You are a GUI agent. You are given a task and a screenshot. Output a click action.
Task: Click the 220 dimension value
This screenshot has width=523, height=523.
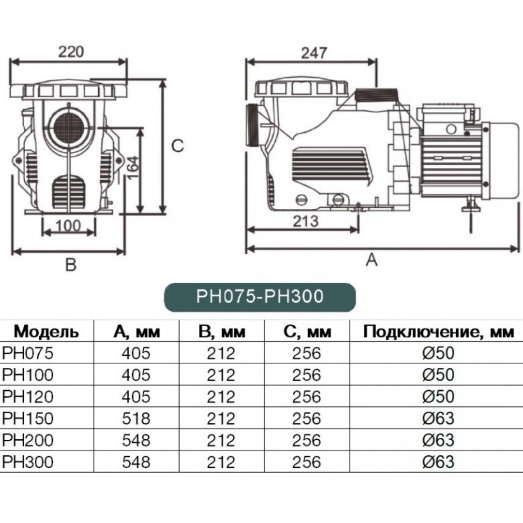tap(71, 51)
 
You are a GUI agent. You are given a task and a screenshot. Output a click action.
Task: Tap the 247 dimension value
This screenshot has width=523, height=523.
tap(314, 53)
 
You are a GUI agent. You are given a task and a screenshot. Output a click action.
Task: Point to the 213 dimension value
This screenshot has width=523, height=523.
tap(306, 221)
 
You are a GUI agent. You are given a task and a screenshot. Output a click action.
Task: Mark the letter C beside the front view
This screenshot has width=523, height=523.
tap(178, 146)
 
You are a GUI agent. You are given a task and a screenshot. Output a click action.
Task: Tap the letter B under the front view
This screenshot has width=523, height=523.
tap(71, 264)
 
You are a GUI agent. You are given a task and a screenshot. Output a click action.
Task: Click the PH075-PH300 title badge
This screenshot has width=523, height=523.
tap(260, 296)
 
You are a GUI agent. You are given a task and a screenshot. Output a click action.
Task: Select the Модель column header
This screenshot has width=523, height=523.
tap(46, 332)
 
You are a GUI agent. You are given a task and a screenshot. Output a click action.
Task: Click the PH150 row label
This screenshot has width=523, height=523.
tap(28, 418)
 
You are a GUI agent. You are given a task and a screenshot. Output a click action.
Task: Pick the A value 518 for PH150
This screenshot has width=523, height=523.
tap(137, 418)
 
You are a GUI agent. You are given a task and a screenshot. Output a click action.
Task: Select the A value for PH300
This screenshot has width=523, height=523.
tap(137, 461)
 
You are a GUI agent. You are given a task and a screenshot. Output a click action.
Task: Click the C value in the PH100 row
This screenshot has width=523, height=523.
tap(306, 375)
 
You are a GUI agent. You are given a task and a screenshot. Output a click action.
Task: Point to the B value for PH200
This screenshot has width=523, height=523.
tap(221, 440)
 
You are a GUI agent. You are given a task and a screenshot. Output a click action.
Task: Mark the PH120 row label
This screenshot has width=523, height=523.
tap(28, 396)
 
